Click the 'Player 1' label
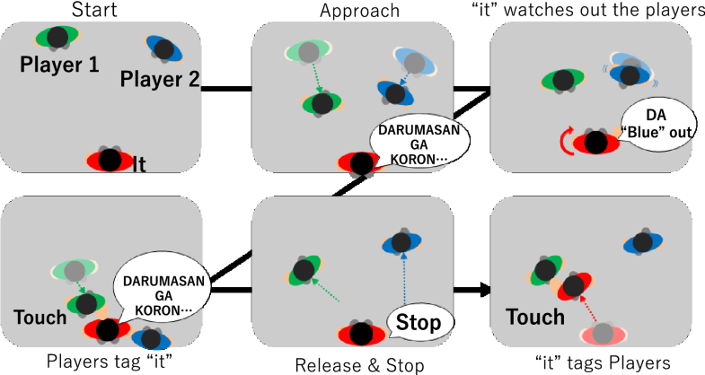[59, 64]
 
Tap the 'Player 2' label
[161, 80]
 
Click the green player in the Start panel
[57, 37]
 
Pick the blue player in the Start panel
[163, 48]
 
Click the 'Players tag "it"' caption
[100, 362]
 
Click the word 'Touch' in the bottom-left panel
[40, 317]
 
